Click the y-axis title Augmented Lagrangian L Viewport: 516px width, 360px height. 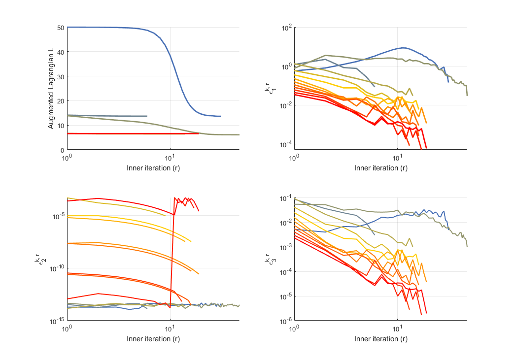pos(51,89)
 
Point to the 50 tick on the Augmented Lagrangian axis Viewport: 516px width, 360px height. pos(60,28)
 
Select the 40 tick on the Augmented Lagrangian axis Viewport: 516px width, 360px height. pos(60,52)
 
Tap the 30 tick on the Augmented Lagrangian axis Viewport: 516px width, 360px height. pos(60,76)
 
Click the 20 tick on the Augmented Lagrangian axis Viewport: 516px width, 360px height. pos(60,101)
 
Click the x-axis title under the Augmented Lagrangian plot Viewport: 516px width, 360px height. pos(153,168)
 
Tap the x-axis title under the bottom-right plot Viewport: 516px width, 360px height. pos(380,339)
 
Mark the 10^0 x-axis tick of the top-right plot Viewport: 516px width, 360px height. pos(295,157)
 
